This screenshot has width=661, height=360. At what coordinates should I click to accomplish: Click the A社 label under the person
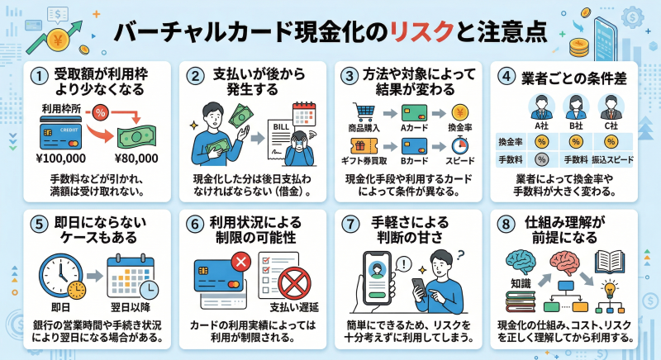pos(542,126)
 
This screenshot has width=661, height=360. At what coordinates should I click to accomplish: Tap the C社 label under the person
pos(611,126)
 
